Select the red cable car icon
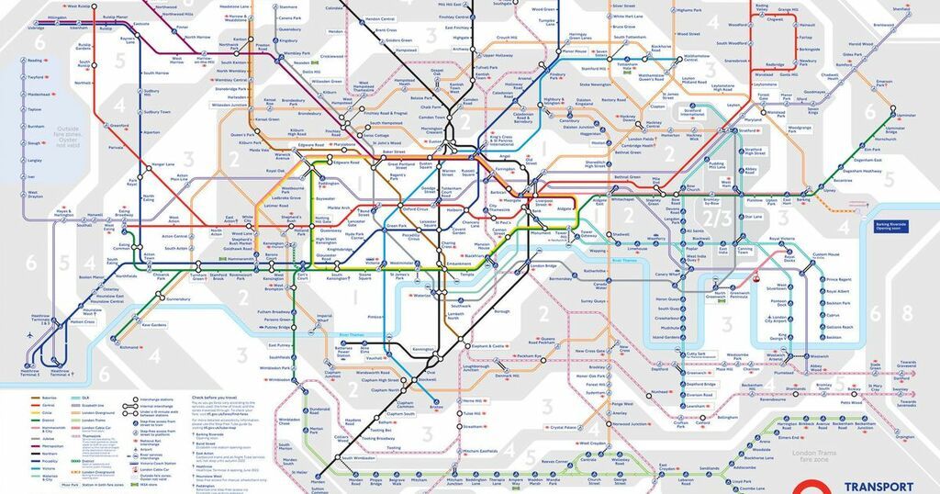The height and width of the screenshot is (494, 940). pyautogui.click(x=756, y=280)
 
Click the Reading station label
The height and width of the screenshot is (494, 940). pyautogui.click(x=36, y=60)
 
